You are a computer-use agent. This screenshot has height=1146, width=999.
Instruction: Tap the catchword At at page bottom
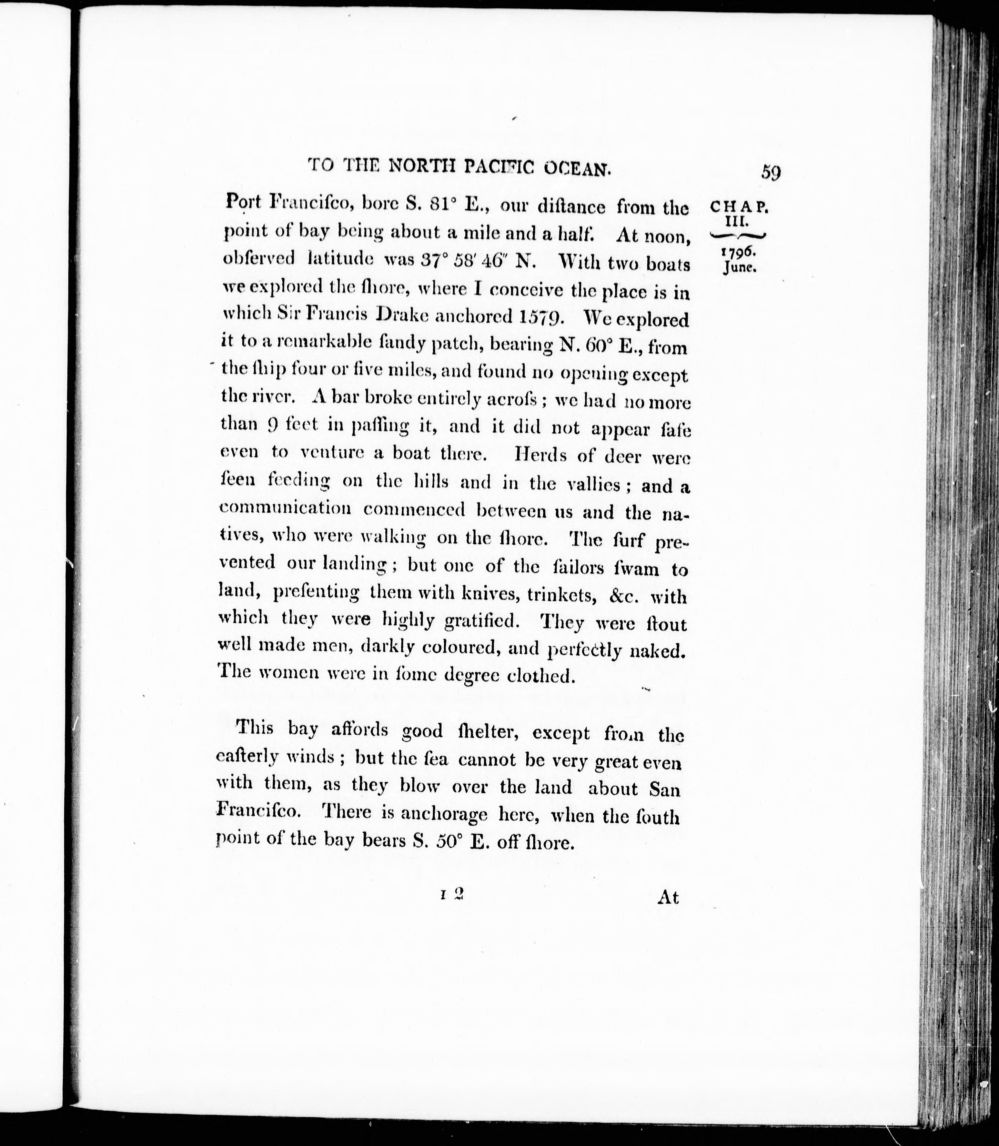668,897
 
